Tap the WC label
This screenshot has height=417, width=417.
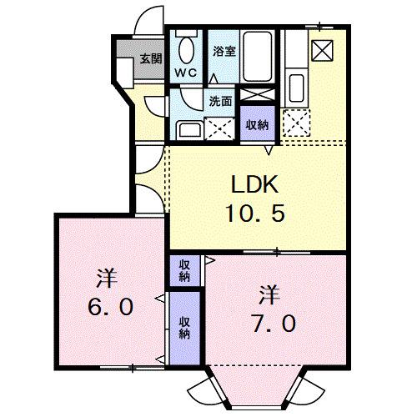click(184, 73)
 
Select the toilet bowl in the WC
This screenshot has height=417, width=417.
click(186, 51)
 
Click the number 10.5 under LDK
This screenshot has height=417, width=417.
click(255, 213)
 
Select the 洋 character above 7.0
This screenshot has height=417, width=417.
click(267, 294)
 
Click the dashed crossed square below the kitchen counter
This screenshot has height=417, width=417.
click(296, 124)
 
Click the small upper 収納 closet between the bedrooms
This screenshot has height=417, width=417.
click(184, 270)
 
